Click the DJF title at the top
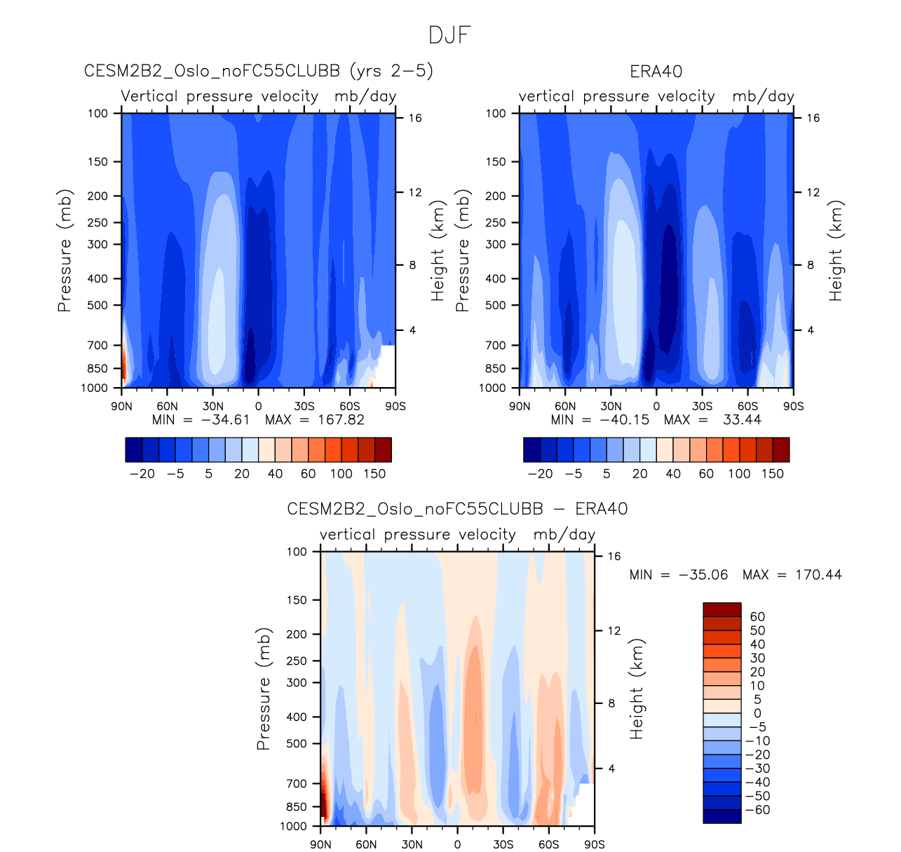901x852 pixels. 449,36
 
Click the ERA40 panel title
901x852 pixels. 656,72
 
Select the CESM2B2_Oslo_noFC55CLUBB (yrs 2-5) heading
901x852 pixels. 259,72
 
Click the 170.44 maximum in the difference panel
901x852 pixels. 818,575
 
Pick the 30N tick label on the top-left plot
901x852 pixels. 212,406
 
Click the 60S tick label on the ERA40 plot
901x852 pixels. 747,406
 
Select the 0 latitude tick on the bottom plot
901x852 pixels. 457,844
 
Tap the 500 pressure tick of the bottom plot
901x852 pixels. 297,743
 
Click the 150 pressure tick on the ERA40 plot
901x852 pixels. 495,162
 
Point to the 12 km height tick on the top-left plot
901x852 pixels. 415,192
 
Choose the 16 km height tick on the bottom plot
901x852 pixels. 614,556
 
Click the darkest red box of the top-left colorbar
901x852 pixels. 383,449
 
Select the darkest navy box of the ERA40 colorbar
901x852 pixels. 531,449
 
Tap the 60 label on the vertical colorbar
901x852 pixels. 757,617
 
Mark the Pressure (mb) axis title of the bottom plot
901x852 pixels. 264,689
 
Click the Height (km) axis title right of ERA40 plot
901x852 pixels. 835,251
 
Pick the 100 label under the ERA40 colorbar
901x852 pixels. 739,474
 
